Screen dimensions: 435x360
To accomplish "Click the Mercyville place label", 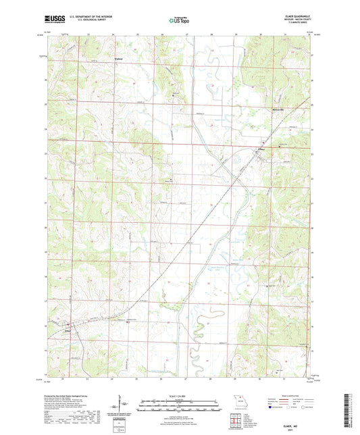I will point(278,109).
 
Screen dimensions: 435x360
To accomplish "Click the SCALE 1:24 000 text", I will point(180,395).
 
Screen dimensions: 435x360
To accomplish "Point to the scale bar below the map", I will point(180,403).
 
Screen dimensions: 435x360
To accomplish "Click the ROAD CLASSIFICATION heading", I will point(288,394).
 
